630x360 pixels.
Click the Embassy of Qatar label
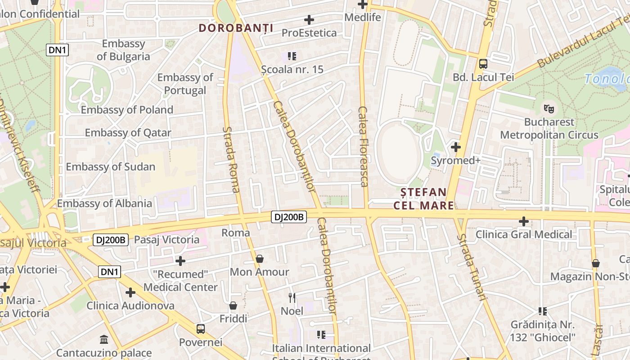[128, 133]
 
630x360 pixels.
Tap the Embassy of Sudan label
[110, 166]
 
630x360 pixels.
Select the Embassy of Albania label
[104, 203]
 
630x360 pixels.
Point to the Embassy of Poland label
[127, 110]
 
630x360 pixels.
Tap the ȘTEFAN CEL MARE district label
[424, 199]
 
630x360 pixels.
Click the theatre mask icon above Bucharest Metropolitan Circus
[549, 108]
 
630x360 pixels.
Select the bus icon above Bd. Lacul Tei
[483, 64]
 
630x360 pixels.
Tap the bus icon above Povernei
[201, 329]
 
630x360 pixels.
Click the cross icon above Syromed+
[456, 147]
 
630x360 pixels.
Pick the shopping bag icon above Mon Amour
[260, 259]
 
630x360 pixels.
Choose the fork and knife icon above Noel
[292, 297]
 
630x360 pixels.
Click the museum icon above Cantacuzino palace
[104, 339]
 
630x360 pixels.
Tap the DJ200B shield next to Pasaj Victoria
[111, 240]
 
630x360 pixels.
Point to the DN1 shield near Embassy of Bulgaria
[58, 50]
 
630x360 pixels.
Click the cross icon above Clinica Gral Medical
[524, 221]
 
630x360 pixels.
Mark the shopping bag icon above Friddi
[233, 306]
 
